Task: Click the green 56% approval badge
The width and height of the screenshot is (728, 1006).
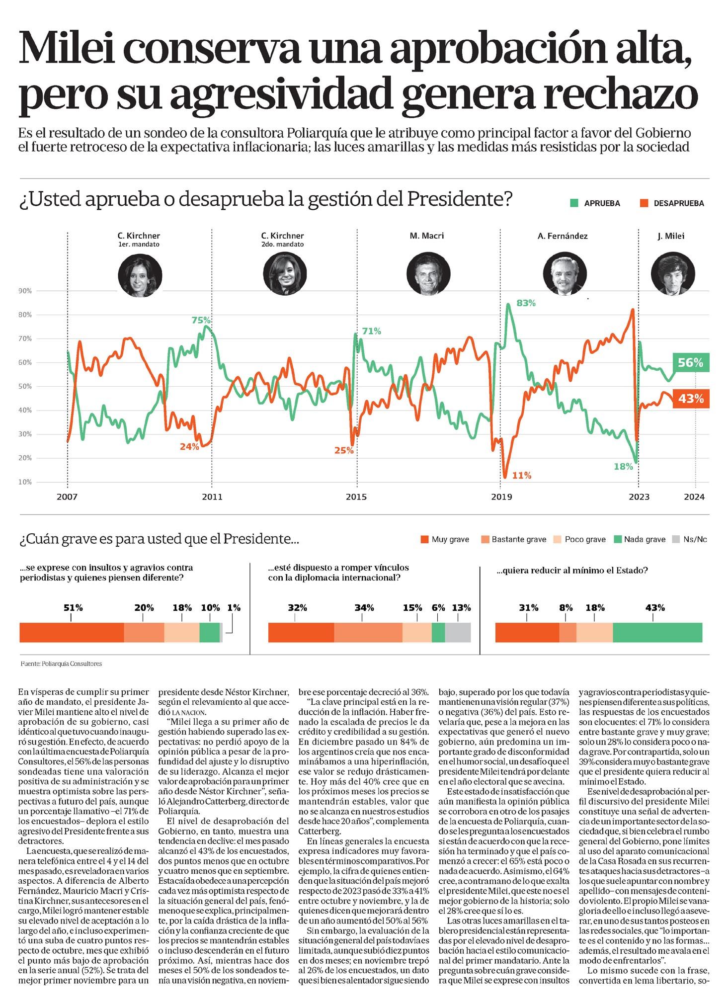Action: coord(691,363)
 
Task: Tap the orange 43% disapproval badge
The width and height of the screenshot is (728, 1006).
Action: coord(691,399)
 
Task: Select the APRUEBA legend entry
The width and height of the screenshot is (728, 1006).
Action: coord(595,203)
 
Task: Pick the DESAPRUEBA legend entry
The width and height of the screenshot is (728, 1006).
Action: coord(672,203)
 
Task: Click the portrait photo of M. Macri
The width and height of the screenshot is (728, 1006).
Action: coord(428,274)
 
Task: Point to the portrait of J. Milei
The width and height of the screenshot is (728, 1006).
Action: coord(672,274)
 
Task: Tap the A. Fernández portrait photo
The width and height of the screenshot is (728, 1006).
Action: coord(565,274)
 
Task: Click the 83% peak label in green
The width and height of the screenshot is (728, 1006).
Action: coord(526,303)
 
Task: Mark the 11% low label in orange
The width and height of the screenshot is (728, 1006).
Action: coord(522,476)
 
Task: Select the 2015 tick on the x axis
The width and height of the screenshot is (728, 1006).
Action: coord(356,497)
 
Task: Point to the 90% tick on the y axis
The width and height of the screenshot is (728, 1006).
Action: coord(25,291)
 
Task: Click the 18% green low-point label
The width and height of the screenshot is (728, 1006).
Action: coord(623,467)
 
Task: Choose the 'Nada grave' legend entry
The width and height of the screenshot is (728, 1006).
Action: coord(640,539)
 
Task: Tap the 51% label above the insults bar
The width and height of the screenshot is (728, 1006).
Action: coord(73,608)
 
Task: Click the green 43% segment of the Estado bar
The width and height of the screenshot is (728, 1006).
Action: coord(657,632)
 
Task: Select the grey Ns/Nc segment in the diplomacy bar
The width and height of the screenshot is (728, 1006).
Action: coord(458,632)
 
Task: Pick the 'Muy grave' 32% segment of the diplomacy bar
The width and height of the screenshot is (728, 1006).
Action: coord(301,632)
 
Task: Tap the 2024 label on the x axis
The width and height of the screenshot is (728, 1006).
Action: coord(695,497)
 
